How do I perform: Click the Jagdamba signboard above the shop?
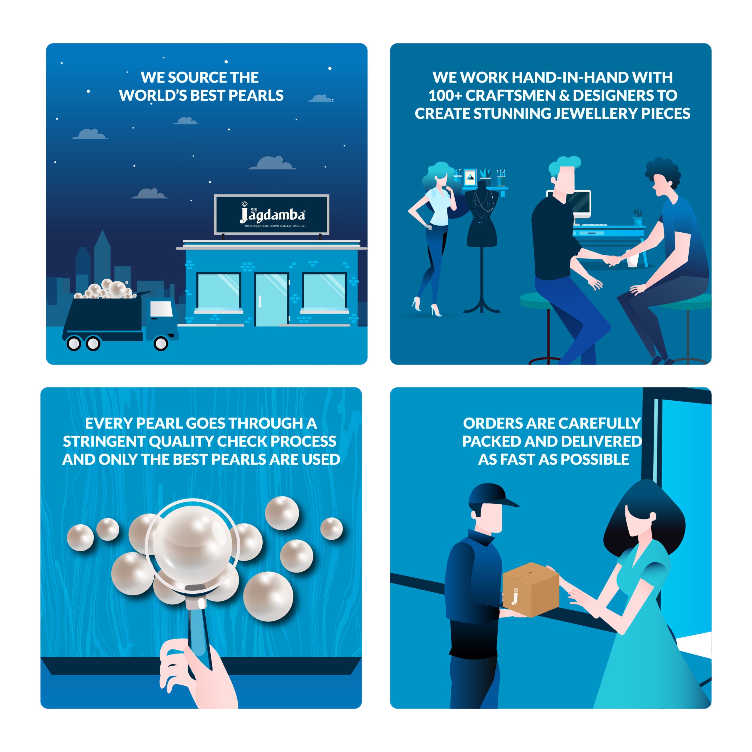272,214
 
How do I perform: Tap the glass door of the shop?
271,299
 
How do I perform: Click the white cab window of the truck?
162,309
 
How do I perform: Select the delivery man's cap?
491,496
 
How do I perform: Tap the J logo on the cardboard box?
515,595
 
